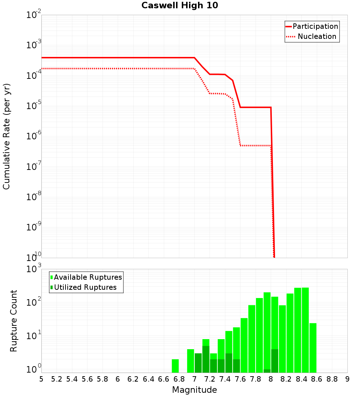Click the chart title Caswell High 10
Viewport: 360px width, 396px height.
pyautogui.click(x=180, y=6)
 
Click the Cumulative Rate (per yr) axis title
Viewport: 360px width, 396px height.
pyautogui.click(x=6, y=136)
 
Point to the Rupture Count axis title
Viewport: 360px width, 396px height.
pyautogui.click(x=14, y=320)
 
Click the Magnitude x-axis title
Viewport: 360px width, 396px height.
pyautogui.click(x=194, y=390)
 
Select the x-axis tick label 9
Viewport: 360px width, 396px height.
pyautogui.click(x=347, y=379)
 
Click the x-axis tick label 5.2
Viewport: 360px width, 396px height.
pyautogui.click(x=57, y=379)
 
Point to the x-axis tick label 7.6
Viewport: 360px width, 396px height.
pyautogui.click(x=240, y=379)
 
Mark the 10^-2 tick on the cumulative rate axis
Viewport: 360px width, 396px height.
pyautogui.click(x=33, y=15)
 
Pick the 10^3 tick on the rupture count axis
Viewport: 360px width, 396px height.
pyautogui.click(x=34, y=269)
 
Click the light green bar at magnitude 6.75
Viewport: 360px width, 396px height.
pyautogui.click(x=175, y=366)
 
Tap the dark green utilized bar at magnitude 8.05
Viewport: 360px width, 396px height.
pyautogui.click(x=275, y=361)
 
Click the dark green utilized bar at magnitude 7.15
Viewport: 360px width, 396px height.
pyautogui.click(x=206, y=359)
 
